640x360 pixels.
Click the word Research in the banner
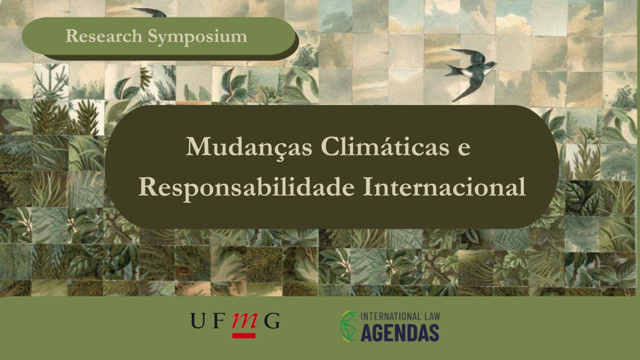coord(104,36)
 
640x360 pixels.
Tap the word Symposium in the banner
coord(198,38)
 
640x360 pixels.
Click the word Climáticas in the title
coord(385,146)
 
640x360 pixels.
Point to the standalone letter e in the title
coord(464,150)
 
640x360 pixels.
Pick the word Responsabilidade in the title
coord(246,188)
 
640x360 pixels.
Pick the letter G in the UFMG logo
coord(272,320)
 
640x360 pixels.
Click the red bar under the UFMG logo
coord(244,336)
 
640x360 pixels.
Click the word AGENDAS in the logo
coord(400,333)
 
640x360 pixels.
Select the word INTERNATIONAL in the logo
coord(390,316)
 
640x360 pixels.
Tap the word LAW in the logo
coord(432,316)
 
